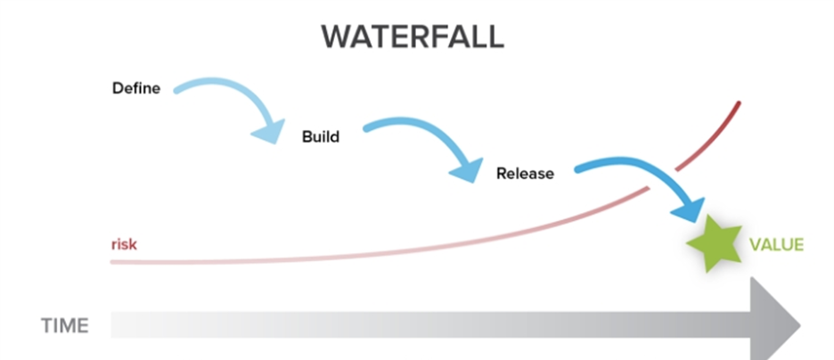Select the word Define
(x=135, y=88)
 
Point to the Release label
(x=525, y=174)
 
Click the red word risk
(x=124, y=243)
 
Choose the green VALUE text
(x=776, y=244)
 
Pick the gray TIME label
(x=65, y=326)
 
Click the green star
(x=713, y=243)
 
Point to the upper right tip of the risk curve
(x=739, y=103)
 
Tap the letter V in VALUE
(x=755, y=244)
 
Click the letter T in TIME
(x=46, y=326)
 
